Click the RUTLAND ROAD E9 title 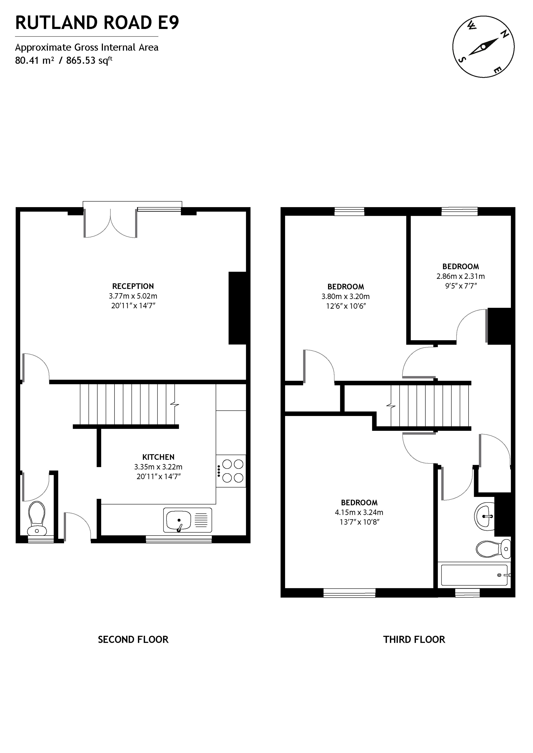click(x=97, y=23)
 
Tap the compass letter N click(x=504, y=34)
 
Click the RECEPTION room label click(x=133, y=286)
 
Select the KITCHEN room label click(x=158, y=457)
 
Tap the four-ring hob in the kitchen click(x=233, y=471)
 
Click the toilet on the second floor click(x=37, y=518)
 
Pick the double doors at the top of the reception click(x=110, y=223)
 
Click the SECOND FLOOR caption click(x=133, y=640)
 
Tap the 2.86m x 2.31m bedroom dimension click(x=460, y=276)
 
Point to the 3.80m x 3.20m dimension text click(x=345, y=296)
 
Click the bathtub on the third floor click(x=474, y=575)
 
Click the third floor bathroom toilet click(x=493, y=549)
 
